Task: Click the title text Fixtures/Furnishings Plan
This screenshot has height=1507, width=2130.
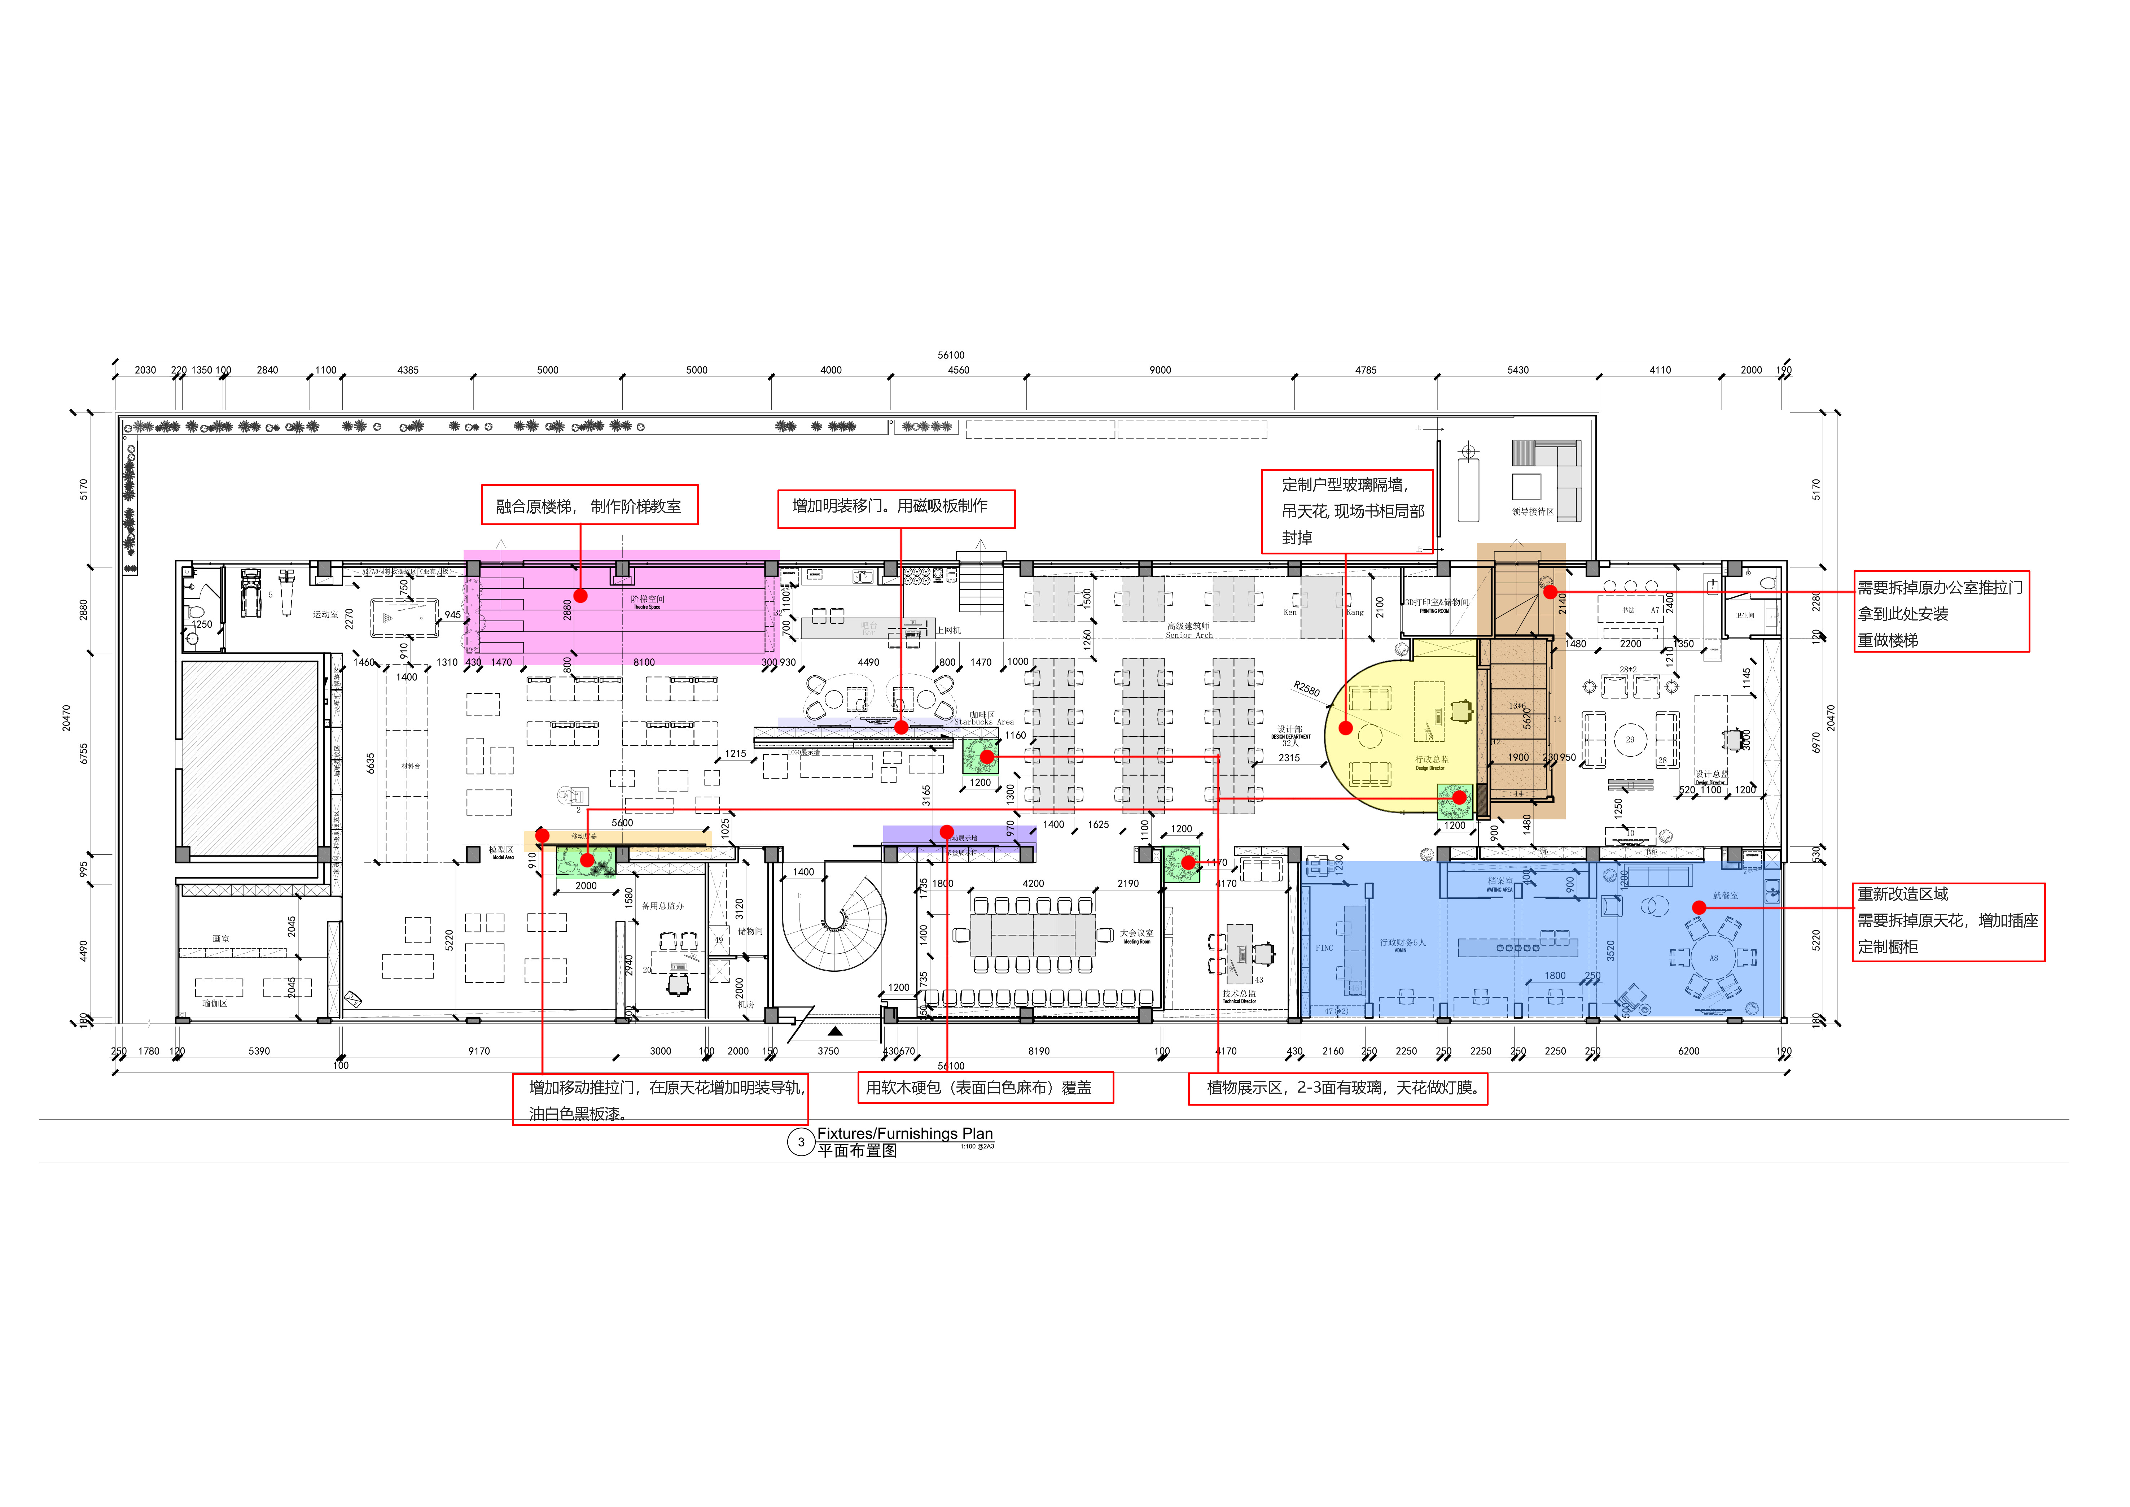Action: click(x=904, y=1133)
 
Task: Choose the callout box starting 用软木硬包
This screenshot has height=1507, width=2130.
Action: click(x=984, y=1088)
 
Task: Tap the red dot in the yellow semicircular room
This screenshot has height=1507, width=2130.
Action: click(x=1345, y=728)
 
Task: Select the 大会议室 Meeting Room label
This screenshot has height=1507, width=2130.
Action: click(x=1136, y=935)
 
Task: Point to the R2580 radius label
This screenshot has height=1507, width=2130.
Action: click(x=1306, y=689)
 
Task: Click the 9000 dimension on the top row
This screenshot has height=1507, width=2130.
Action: click(x=1160, y=370)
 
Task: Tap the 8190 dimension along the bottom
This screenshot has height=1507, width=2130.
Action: click(x=1038, y=1051)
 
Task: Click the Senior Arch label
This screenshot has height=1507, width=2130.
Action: click(x=1188, y=636)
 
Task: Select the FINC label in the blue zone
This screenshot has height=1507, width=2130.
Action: click(x=1324, y=948)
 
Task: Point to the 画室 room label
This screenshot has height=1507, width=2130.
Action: click(x=221, y=939)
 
